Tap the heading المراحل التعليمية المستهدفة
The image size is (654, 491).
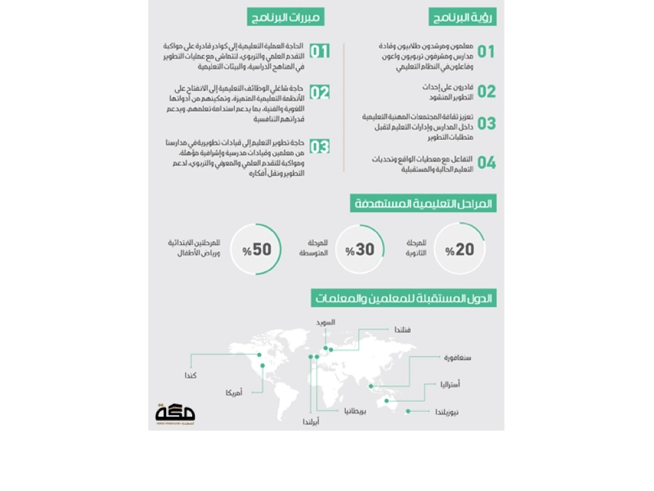[x=422, y=204]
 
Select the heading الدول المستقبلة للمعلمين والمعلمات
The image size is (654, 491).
[x=404, y=299]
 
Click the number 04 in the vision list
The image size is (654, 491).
[x=486, y=162]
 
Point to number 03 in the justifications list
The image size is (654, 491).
[x=319, y=146]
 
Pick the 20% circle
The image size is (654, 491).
[x=460, y=249]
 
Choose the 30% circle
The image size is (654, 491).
[x=360, y=249]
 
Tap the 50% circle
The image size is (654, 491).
[x=256, y=249]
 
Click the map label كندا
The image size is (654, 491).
[x=191, y=375]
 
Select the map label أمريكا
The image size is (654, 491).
[x=233, y=393]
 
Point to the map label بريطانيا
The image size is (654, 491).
[x=355, y=411]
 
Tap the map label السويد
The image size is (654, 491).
[x=326, y=322]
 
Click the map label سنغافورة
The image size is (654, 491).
[x=458, y=357]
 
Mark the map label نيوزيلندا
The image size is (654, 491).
[x=447, y=412]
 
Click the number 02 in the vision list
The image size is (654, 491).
[x=486, y=91]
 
